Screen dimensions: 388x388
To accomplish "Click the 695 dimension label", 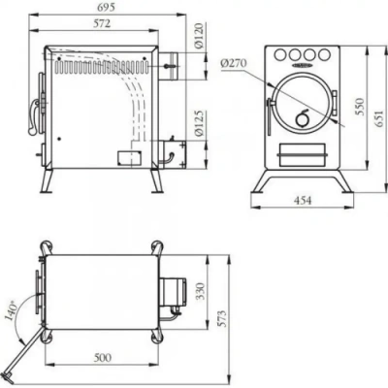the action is point(106,7).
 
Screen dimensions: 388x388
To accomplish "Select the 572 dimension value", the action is point(102,23).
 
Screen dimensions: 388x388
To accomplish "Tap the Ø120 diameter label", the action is point(200,36).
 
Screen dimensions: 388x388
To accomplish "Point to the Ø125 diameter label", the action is point(200,123).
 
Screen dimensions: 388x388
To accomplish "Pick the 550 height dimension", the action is point(360,107).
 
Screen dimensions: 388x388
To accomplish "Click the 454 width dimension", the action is point(303,201).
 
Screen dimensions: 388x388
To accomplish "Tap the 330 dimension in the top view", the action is point(201,291).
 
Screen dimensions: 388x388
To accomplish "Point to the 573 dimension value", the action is point(222,319).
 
